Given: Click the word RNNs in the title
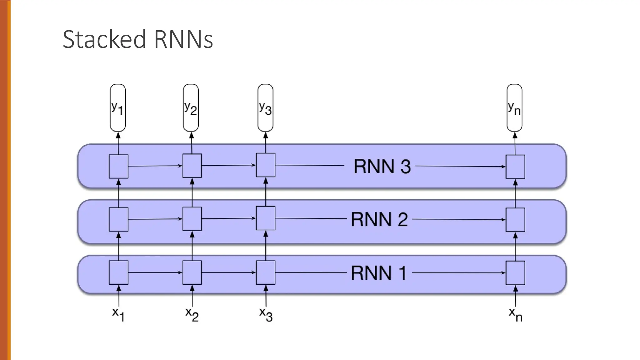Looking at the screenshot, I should (183, 39).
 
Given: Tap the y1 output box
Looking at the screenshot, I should (118, 108).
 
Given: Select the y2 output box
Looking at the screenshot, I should (191, 108).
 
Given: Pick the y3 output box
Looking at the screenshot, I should (265, 108).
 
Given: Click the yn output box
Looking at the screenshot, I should (514, 108).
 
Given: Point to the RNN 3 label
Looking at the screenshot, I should (382, 166).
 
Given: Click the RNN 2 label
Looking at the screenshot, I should (379, 219).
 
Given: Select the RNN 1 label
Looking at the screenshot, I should (378, 273).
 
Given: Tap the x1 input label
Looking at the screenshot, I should (118, 314).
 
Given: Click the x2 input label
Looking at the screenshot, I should (192, 314).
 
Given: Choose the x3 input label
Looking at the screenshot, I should (266, 314).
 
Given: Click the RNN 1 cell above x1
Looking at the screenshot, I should (118, 272).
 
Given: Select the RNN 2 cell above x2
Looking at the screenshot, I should (192, 219).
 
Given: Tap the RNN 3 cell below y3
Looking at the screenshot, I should (266, 165).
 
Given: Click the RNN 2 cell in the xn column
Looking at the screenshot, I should (515, 220).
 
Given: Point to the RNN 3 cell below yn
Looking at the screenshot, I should (515, 167).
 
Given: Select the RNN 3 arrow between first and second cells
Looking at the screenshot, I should (155, 166).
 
